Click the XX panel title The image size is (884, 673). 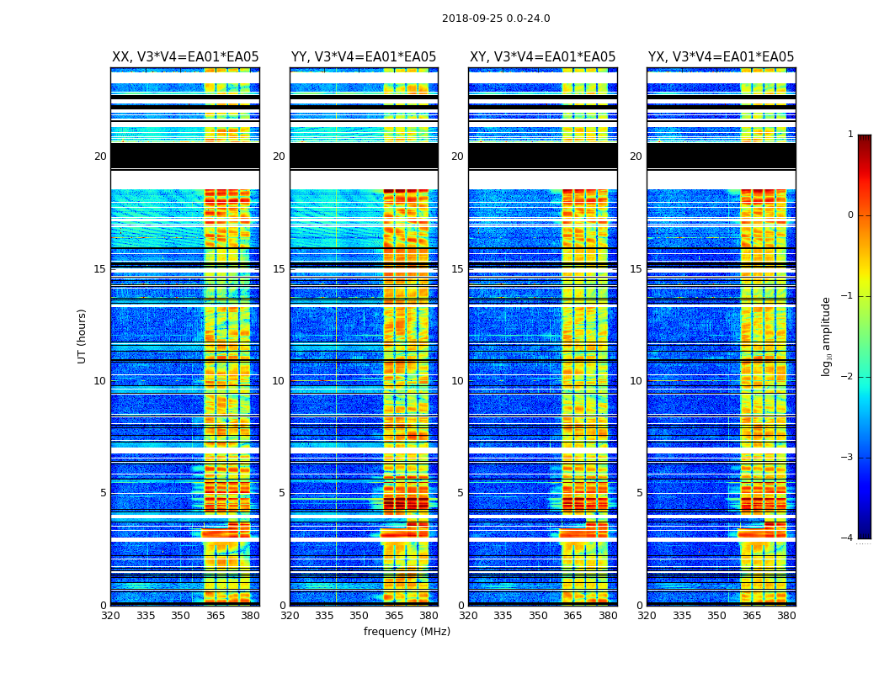pos(185,57)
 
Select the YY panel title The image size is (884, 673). pos(364,57)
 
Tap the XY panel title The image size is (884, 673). pos(542,57)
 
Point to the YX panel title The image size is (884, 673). pos(721,57)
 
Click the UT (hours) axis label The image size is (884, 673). pos(83,336)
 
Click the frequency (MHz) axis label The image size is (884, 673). pos(407,632)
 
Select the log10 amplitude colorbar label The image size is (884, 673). pos(827,336)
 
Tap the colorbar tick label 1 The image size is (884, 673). pos(850,135)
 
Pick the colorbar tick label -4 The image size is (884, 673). pos(849,538)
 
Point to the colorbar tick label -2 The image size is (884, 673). pos(849,377)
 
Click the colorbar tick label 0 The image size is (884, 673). pos(850,215)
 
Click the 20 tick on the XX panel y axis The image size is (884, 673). pos(100,156)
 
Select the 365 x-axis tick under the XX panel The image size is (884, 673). pos(216,616)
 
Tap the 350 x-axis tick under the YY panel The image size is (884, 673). pos(359,616)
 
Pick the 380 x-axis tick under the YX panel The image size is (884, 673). pos(786,616)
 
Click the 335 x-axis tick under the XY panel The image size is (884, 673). pos(503,616)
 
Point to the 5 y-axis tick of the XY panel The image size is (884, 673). pos(461,493)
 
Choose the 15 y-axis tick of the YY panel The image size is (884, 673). pos(279,269)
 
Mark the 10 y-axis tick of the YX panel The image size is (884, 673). pos(636,381)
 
